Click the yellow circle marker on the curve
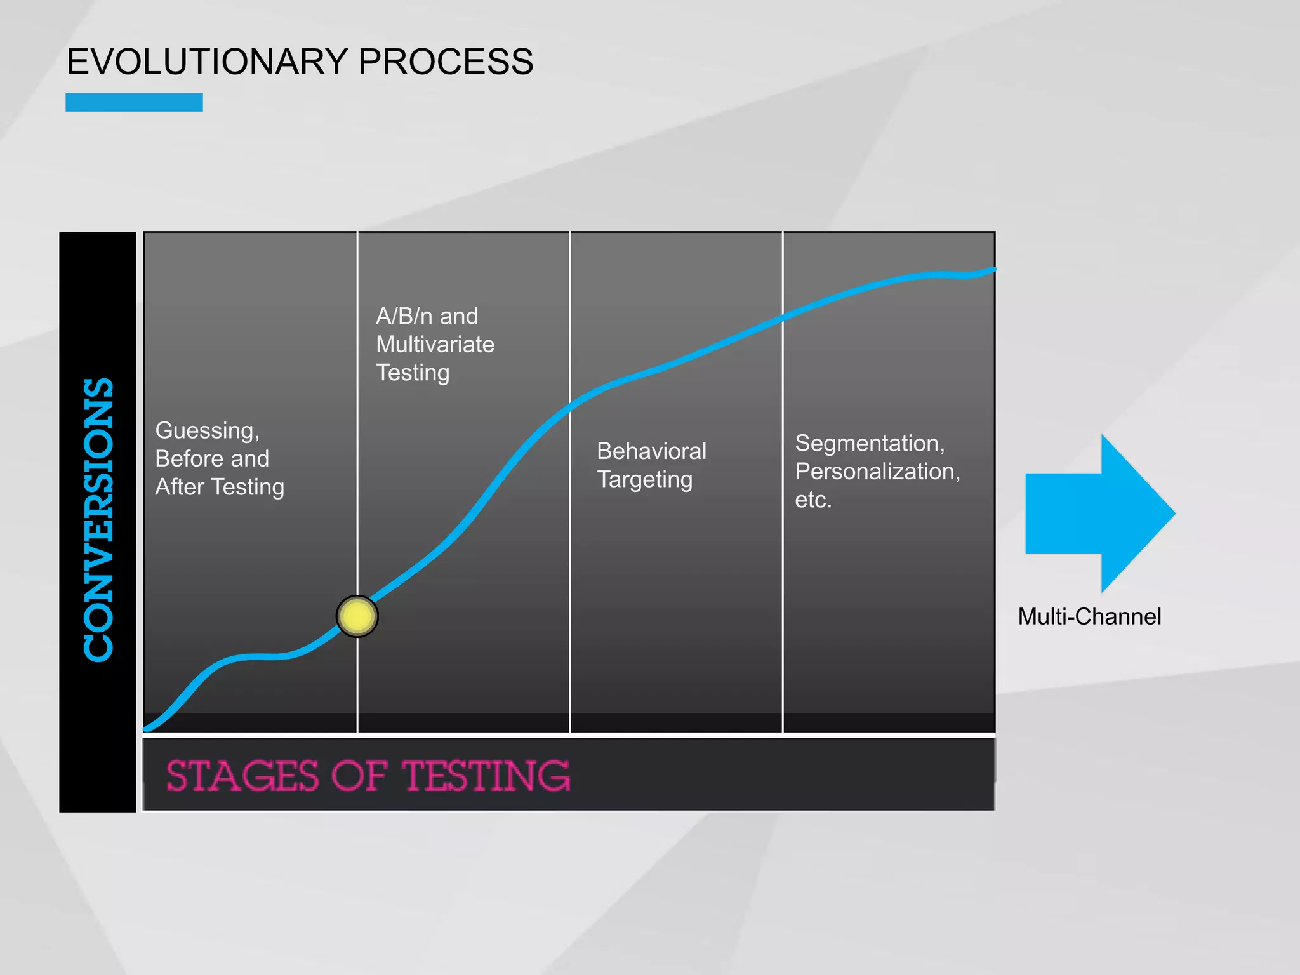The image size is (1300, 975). tap(357, 616)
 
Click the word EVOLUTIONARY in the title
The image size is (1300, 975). tap(207, 62)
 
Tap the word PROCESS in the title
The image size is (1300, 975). tap(446, 62)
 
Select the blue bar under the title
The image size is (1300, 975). tap(134, 102)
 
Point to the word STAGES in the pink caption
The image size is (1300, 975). tap(242, 776)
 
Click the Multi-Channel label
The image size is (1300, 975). tap(1089, 616)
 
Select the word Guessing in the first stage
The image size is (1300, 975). tap(207, 431)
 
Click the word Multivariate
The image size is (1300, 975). tap(435, 344)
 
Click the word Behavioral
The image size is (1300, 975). tap(651, 451)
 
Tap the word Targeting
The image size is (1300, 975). tap(644, 480)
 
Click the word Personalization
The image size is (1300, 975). tap(877, 472)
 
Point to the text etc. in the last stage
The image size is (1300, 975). tap(812, 500)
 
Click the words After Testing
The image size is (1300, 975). tap(220, 487)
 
